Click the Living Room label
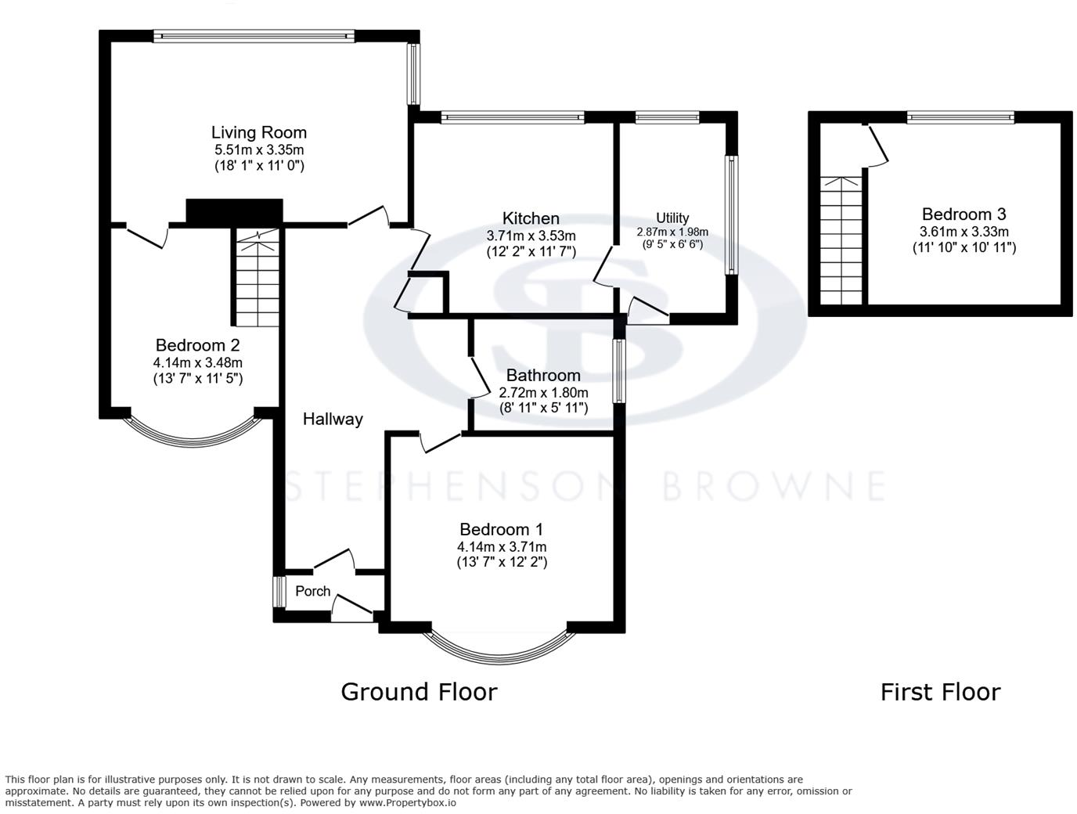point(258,132)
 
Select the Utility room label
point(672,218)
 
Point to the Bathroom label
point(543,375)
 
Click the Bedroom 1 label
point(501,530)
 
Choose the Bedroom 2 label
point(197,345)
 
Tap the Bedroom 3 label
point(964,214)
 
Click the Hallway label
point(333,420)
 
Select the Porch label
point(312,592)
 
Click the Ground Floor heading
point(419,692)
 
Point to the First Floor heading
point(940,692)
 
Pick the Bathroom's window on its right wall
point(619,370)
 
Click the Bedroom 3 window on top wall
point(960,117)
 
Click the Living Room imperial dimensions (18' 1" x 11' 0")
point(258,166)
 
